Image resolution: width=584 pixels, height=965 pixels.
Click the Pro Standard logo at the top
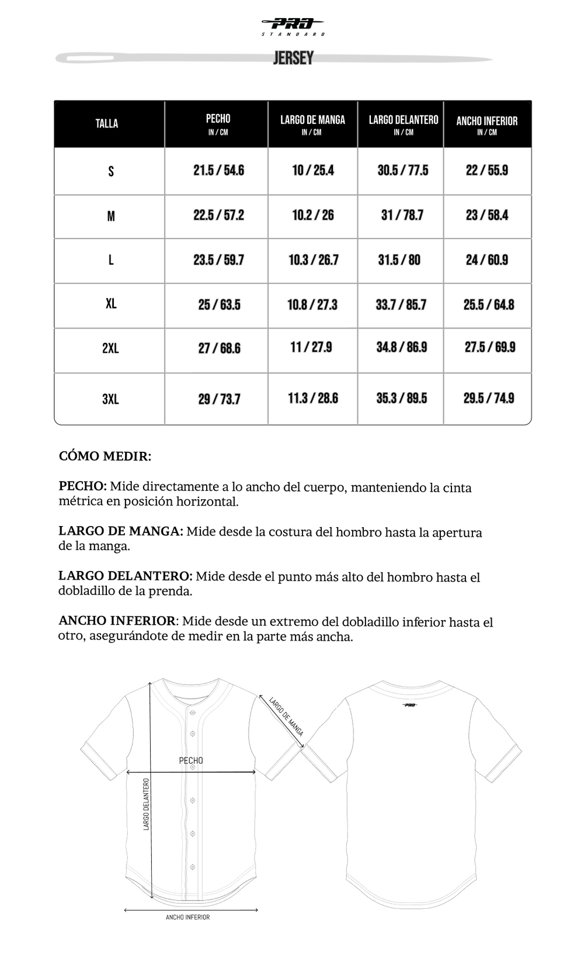[x=293, y=26]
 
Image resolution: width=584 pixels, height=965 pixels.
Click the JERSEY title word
[x=293, y=58]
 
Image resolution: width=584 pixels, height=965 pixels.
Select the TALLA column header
[x=107, y=123]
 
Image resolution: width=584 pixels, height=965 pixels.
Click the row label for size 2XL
[x=110, y=348]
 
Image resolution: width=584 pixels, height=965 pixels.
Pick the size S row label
[x=111, y=171]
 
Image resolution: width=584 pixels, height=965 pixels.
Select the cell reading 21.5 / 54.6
[x=218, y=171]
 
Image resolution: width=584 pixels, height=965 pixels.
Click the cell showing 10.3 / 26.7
[x=313, y=260]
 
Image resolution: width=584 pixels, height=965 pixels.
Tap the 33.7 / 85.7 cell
[x=401, y=305]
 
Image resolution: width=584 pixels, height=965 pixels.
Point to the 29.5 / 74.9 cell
[x=489, y=398]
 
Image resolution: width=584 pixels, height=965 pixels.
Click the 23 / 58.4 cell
[x=487, y=215]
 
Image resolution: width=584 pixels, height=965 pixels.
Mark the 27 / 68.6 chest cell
[x=219, y=348]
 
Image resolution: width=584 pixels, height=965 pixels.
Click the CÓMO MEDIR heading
[x=105, y=456]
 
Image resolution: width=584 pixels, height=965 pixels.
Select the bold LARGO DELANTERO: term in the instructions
[x=125, y=577]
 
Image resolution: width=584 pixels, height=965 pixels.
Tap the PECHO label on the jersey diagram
[x=191, y=760]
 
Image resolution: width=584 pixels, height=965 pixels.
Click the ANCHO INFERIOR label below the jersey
[x=187, y=917]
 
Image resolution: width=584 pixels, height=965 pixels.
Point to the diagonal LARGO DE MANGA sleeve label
[x=286, y=716]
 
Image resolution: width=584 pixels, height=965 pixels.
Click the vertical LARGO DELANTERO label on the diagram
[x=147, y=804]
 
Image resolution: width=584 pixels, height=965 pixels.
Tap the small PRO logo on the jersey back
[x=410, y=705]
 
